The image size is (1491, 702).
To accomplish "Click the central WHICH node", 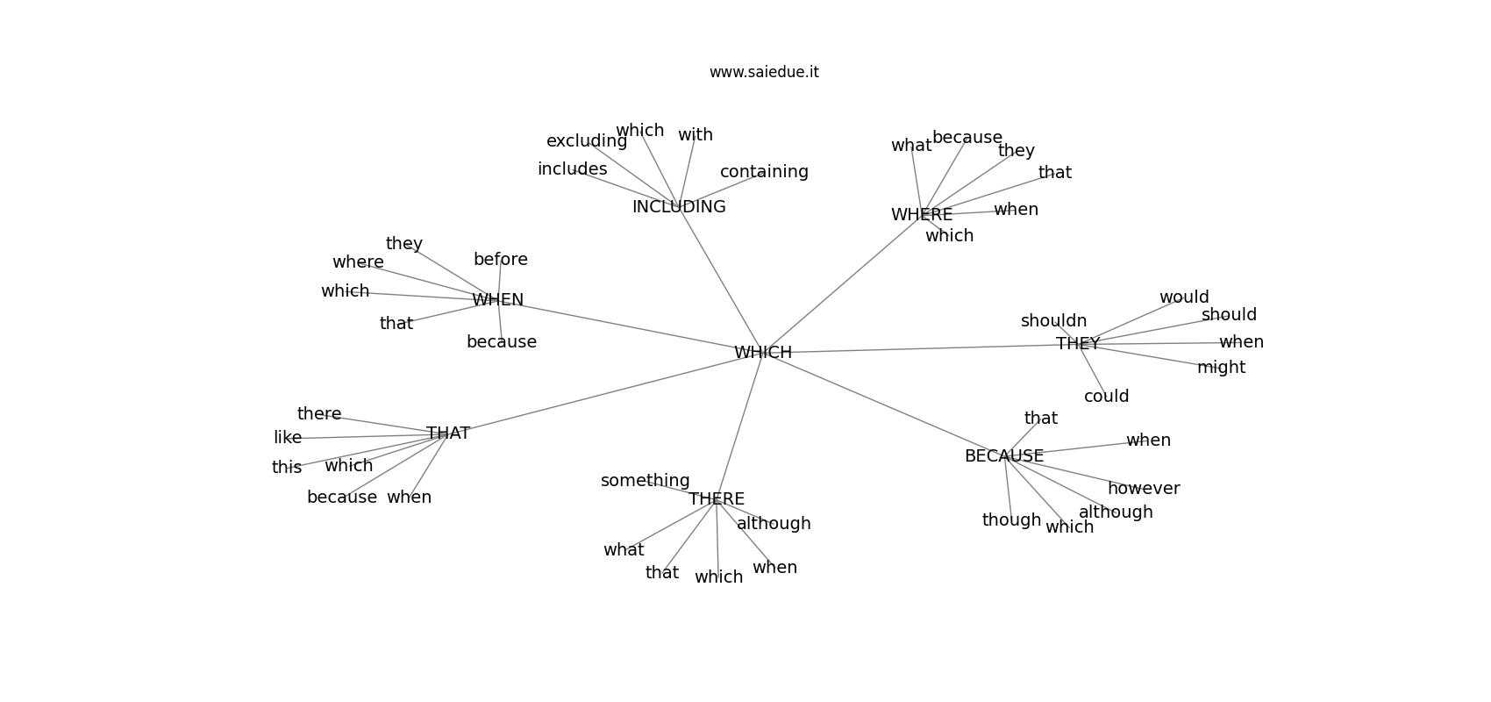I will coord(763,353).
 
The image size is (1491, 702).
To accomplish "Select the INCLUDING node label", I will coord(679,207).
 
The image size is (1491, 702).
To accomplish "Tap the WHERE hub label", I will coord(921,215).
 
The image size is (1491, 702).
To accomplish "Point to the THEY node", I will coord(1078,344).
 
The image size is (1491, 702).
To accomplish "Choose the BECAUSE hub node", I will coord(1003,456).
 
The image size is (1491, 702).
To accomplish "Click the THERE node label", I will coord(717,499).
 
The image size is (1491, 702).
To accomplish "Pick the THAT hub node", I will coord(448,433).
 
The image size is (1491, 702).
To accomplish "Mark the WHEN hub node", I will coord(497,300).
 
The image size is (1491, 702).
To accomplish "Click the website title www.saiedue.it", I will coord(764,72).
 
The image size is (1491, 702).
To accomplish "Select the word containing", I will coord(764,172).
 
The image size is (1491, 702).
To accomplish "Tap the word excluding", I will coord(586,141).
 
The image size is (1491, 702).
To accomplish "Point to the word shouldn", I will coord(1053,321).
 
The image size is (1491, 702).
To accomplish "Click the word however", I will coord(1143,489).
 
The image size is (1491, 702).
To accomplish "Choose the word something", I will coord(645,481).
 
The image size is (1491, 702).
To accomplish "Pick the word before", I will coord(500,260).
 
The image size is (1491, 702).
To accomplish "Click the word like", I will coord(288,438).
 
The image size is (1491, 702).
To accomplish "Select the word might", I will coord(1221,368).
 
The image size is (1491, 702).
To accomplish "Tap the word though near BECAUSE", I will coord(1011,520).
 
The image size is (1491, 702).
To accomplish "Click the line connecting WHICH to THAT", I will coord(605,393).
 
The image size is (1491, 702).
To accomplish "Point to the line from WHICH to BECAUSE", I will coord(883,405).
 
